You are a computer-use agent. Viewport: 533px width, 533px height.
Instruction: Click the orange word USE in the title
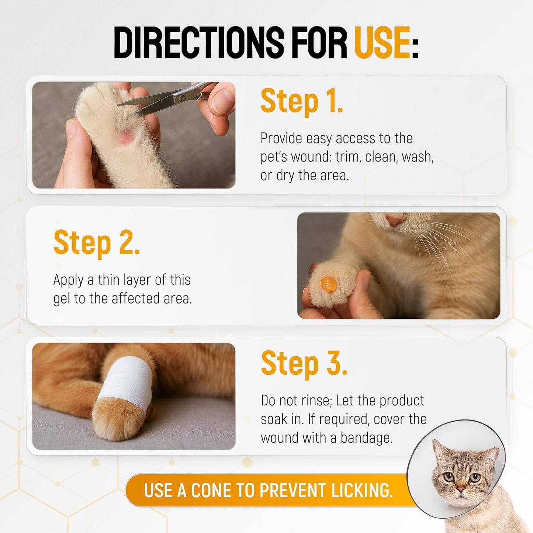(x=382, y=42)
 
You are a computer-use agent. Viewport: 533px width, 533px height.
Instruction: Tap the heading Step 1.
(x=301, y=101)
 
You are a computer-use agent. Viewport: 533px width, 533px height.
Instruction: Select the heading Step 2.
(x=96, y=242)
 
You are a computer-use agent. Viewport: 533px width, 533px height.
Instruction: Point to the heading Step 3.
(x=304, y=363)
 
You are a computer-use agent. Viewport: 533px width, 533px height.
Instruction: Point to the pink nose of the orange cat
(x=395, y=220)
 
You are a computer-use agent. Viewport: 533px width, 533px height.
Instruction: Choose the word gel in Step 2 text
(x=62, y=299)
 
